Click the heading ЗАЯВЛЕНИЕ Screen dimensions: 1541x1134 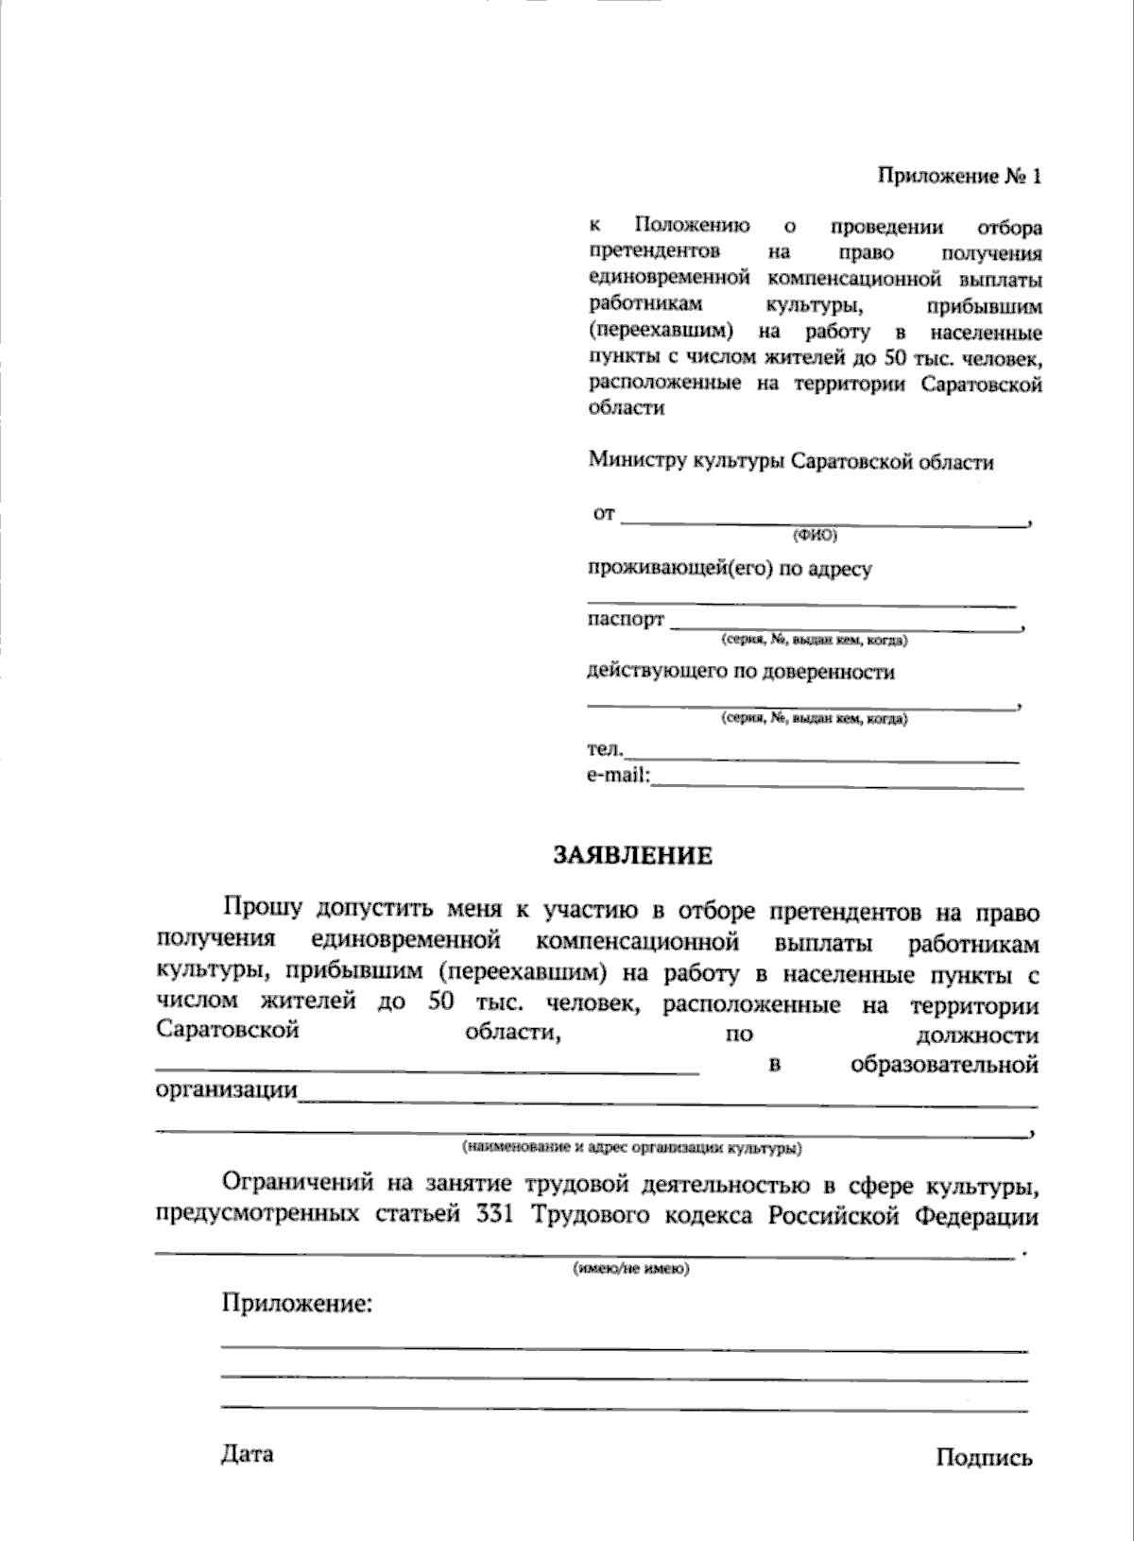point(632,856)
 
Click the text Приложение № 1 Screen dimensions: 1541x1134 point(960,177)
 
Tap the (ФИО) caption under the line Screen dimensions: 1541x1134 point(814,536)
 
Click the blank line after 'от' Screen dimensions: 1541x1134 point(824,522)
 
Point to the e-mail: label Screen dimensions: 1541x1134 point(618,776)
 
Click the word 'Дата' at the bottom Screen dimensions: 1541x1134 point(248,1453)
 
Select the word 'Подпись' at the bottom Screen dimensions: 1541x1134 point(984,1458)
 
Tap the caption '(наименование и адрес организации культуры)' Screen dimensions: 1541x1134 point(632,1149)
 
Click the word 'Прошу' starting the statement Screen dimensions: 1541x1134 point(262,909)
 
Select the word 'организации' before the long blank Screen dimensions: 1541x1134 point(226,1090)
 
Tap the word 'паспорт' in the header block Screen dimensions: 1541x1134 point(626,620)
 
